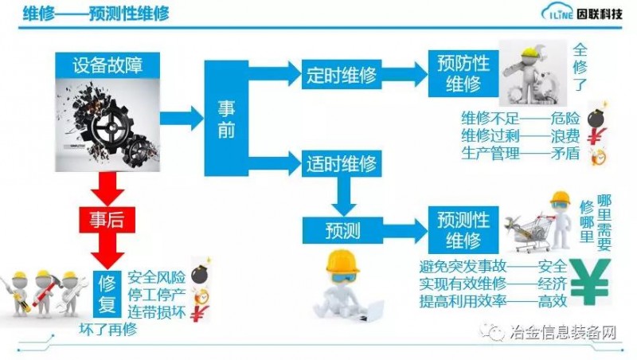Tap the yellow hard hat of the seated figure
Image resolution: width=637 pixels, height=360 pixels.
342,261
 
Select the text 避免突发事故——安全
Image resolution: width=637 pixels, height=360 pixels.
493,266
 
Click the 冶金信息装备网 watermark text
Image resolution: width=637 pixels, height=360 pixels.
566,333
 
